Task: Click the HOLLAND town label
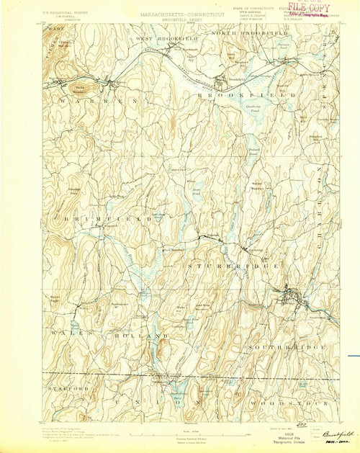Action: coord(145,336)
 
